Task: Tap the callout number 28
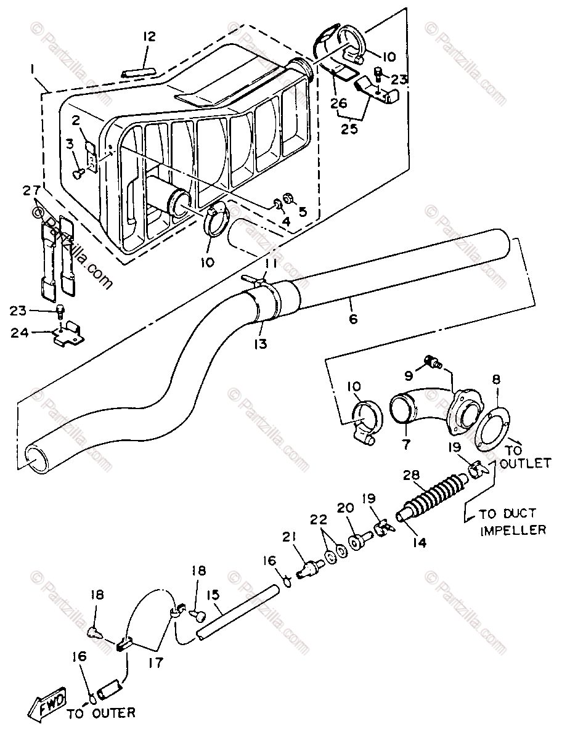[x=412, y=476]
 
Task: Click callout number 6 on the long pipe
[x=353, y=319]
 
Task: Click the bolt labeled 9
[x=431, y=362]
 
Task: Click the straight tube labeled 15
[x=236, y=614]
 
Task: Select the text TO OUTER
[x=100, y=714]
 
